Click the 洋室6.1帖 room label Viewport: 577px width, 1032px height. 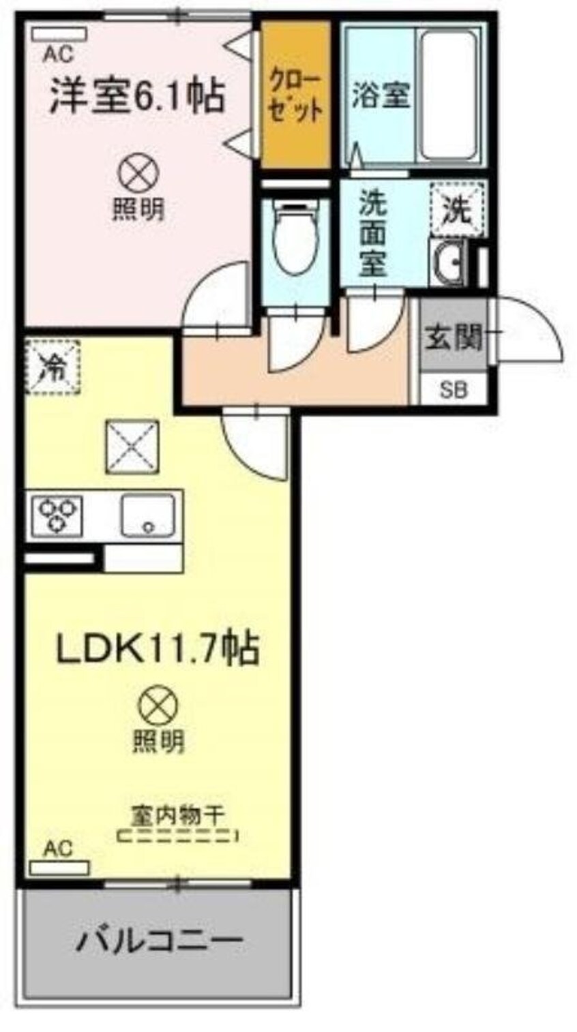[136, 96]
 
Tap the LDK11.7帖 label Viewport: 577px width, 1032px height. [156, 650]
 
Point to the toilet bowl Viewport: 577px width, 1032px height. [296, 236]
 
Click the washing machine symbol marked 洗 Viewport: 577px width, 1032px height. [456, 210]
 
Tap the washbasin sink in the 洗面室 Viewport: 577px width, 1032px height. [447, 262]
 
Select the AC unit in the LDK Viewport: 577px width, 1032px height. [60, 868]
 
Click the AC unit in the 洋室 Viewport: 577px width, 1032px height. [59, 33]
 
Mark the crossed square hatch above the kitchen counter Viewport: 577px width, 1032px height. [132, 447]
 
